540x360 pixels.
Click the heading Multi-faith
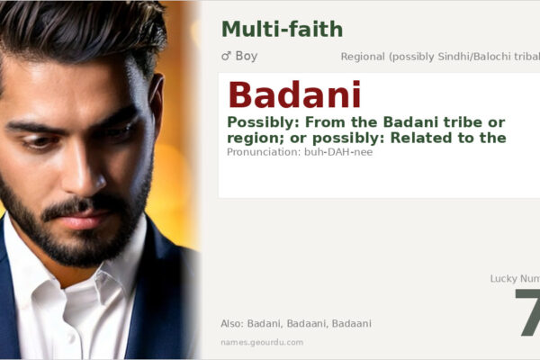[282, 29]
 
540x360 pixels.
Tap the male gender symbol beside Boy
[226, 56]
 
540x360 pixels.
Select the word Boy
[247, 56]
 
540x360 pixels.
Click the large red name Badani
[294, 95]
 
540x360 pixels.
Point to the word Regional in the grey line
[363, 57]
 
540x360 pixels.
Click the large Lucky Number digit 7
[527, 314]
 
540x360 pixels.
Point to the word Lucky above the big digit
[505, 279]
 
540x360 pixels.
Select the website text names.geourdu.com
[262, 342]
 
